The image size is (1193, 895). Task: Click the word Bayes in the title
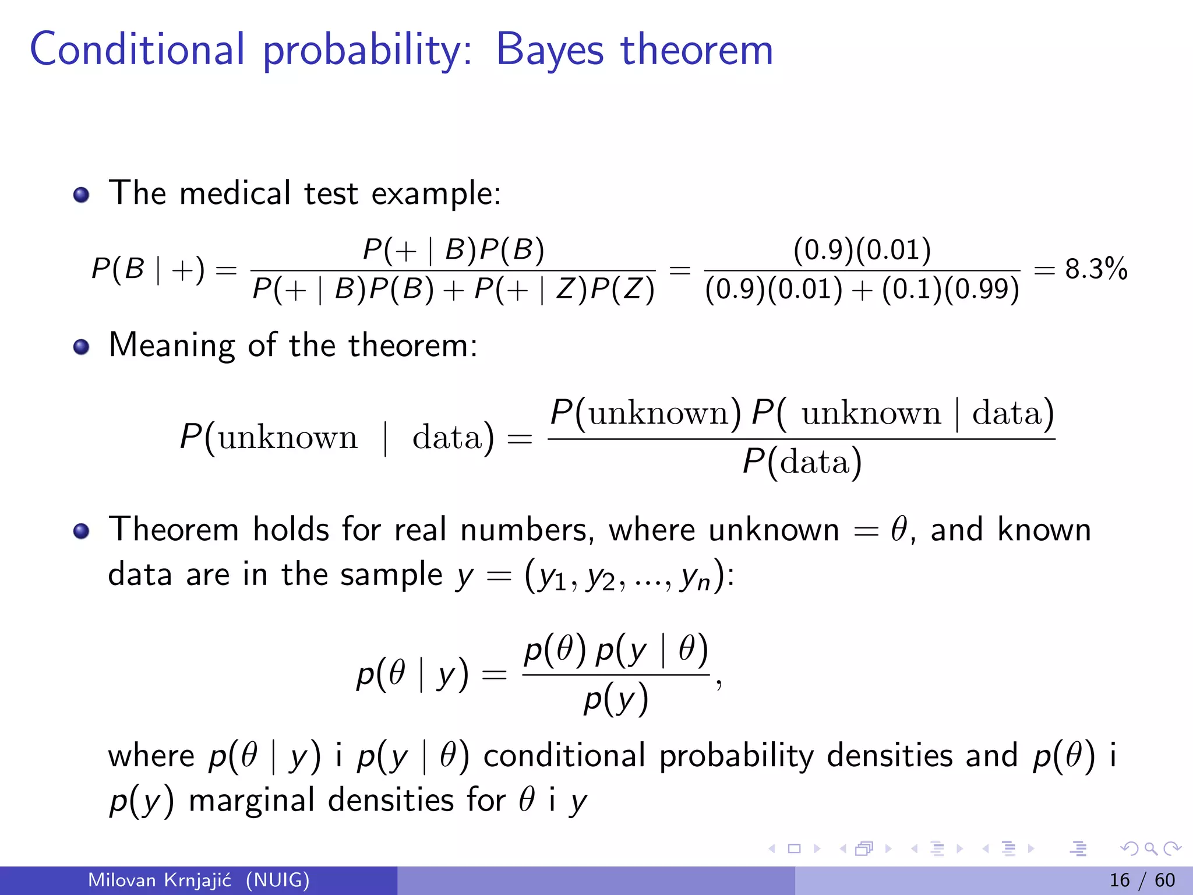point(549,50)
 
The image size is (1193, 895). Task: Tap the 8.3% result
point(1096,269)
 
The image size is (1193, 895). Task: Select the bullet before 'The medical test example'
point(82,195)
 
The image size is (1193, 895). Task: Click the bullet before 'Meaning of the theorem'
point(82,347)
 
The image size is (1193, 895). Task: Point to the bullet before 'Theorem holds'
point(82,531)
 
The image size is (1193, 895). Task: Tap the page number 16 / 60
point(1142,880)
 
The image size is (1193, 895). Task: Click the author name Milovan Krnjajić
point(159,880)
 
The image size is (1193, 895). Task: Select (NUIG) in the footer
point(277,880)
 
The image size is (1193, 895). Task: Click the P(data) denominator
point(802,463)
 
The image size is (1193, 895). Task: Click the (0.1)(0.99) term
point(950,290)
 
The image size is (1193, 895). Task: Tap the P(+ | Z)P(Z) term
point(564,290)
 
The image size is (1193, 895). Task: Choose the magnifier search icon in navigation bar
point(1150,848)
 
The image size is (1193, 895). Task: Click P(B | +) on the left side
point(148,269)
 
